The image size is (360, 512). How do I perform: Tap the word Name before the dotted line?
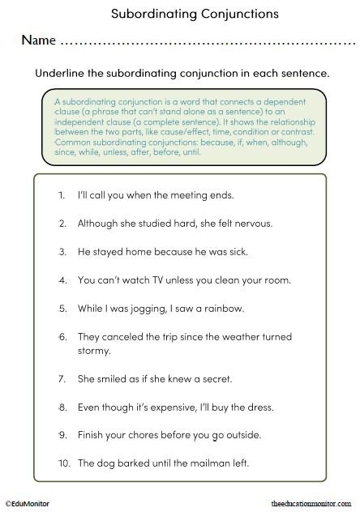point(38,40)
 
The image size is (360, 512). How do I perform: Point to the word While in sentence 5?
point(92,309)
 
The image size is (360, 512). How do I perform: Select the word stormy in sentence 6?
point(94,351)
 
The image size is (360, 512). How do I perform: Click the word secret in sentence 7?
point(215,378)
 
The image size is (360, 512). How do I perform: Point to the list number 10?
point(63,463)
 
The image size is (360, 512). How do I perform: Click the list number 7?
point(63,378)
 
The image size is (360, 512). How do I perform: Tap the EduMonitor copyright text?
point(28,503)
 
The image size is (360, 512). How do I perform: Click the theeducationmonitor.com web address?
point(313,503)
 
